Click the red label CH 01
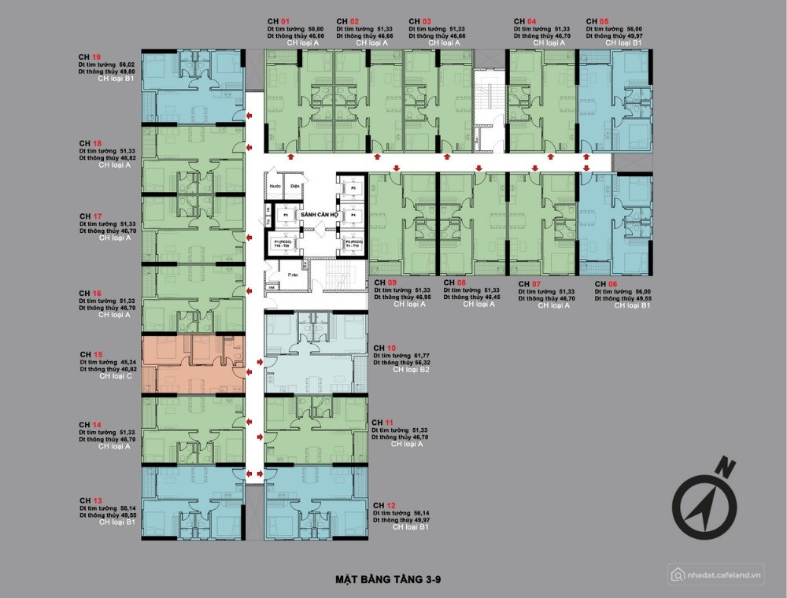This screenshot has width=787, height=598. pyautogui.click(x=279, y=21)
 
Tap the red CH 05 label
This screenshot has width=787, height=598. pyautogui.click(x=598, y=21)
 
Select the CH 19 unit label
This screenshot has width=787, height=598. pyautogui.click(x=89, y=57)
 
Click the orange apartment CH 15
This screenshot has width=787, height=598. pyautogui.click(x=193, y=363)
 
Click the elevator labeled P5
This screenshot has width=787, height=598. pyautogui.click(x=353, y=190)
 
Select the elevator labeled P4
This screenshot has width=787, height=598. pyautogui.click(x=353, y=214)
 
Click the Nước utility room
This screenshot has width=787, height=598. pyautogui.click(x=274, y=186)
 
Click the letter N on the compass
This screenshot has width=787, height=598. pyautogui.click(x=727, y=467)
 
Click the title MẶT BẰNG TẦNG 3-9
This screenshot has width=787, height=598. pyautogui.click(x=389, y=581)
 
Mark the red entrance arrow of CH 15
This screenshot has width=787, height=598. pyautogui.click(x=258, y=363)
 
